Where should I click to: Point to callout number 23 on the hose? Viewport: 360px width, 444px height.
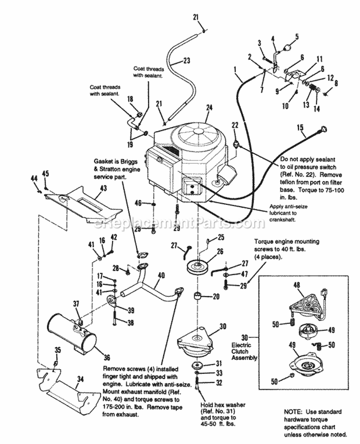click(x=186, y=60)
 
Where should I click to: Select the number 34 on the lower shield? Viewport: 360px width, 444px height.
click(x=81, y=379)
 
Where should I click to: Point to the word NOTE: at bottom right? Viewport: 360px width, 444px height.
click(x=291, y=412)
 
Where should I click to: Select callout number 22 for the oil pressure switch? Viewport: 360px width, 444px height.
click(x=235, y=125)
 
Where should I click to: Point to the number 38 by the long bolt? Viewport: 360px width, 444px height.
click(x=130, y=323)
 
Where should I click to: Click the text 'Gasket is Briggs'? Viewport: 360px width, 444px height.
click(x=116, y=163)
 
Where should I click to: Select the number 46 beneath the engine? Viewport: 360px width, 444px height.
click(x=138, y=204)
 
